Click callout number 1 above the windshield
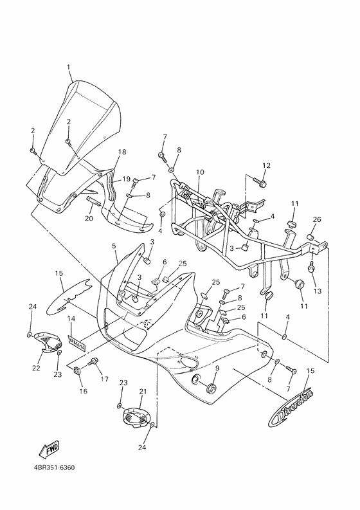[x=69, y=67]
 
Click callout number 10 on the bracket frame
[x=200, y=172]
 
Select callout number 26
[x=316, y=220]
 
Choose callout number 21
[x=143, y=391]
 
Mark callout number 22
[x=36, y=368]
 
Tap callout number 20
[x=89, y=219]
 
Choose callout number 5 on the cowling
[x=114, y=246]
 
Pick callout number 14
[x=72, y=318]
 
